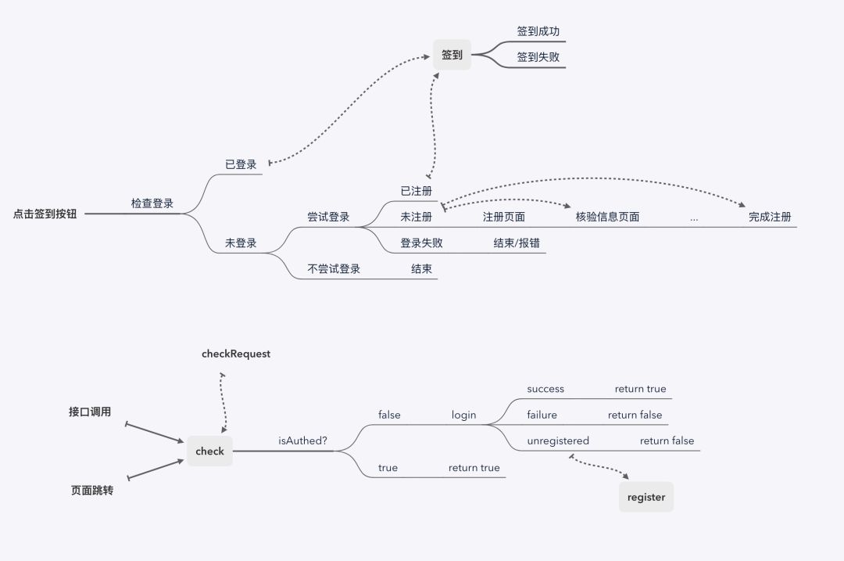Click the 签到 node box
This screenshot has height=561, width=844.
point(452,55)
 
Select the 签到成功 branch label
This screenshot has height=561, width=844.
point(538,31)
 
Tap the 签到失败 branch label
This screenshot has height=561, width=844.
point(538,57)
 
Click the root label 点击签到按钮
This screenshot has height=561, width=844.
point(45,214)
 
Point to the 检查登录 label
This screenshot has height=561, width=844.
point(152,203)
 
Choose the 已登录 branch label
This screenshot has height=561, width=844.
point(241,164)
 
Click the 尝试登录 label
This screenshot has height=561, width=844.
point(328,217)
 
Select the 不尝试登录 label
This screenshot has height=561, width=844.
point(334,268)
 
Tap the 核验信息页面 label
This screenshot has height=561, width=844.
point(607,217)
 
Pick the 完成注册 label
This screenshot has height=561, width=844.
point(770,217)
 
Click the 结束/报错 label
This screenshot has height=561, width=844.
point(516,243)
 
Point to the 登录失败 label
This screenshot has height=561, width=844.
point(421,243)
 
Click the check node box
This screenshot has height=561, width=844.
point(209,451)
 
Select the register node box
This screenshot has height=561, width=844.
point(646,497)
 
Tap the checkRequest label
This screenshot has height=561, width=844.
point(236,354)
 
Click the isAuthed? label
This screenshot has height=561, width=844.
point(303,441)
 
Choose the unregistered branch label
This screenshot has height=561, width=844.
point(558,441)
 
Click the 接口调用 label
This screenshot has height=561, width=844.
point(90,412)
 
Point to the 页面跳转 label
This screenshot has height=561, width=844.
point(91,491)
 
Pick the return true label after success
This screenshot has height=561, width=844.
point(640,389)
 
